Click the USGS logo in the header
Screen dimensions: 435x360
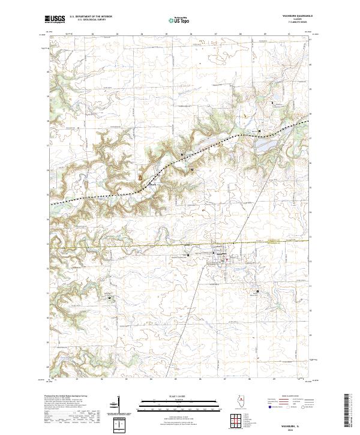click(55, 20)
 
